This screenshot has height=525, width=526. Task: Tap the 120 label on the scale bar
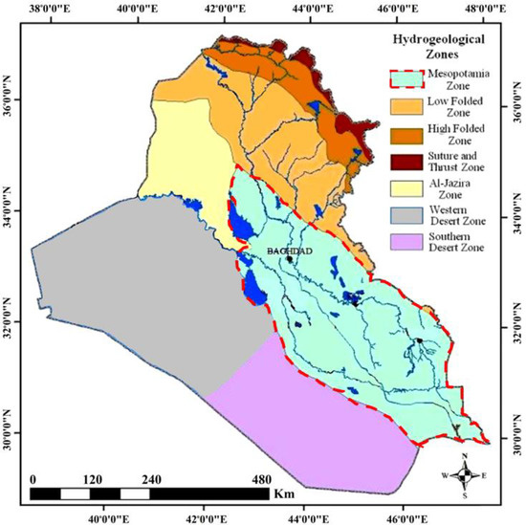click(92, 480)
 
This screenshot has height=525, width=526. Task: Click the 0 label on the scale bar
click(33, 480)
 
